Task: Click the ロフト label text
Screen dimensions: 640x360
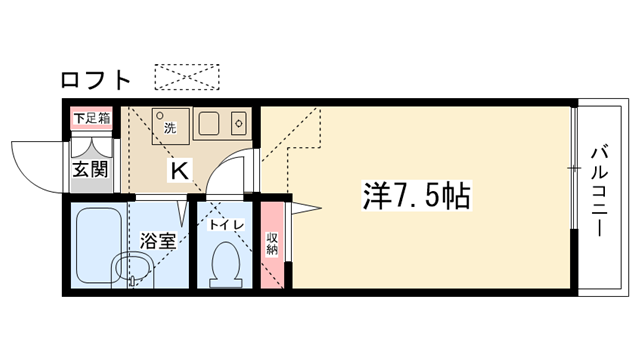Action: click(x=96, y=80)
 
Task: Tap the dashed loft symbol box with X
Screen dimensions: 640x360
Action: click(x=187, y=77)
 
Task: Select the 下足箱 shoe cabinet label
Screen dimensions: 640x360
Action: click(x=92, y=119)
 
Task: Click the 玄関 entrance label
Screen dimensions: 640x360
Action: click(x=91, y=169)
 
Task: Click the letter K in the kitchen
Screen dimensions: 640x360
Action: click(x=179, y=171)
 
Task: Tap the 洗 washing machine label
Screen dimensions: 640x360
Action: click(x=170, y=128)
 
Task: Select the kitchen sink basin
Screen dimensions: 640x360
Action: click(x=209, y=123)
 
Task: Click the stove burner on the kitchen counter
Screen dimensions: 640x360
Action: click(x=239, y=123)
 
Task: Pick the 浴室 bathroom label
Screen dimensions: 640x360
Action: click(x=158, y=241)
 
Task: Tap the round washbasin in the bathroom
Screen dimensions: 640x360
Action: click(x=133, y=268)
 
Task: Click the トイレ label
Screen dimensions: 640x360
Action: click(x=227, y=225)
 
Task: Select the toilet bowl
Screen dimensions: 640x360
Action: click(x=226, y=265)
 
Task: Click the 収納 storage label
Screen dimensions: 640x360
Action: click(x=272, y=244)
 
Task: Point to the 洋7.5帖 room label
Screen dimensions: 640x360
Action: click(x=417, y=196)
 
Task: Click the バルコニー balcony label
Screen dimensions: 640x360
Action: click(x=600, y=191)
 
